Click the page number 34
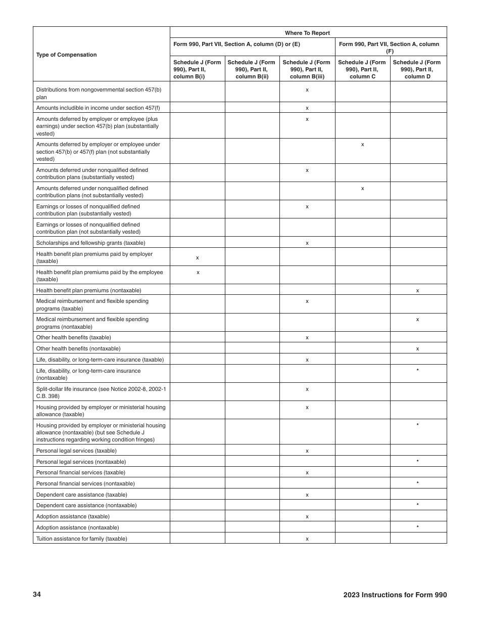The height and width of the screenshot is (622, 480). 37,594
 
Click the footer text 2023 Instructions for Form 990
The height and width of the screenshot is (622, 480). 395,595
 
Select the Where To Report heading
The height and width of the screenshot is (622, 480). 307,33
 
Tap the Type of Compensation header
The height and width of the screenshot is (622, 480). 66,55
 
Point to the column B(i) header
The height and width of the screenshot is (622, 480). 197,69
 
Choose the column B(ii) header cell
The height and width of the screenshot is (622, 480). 252,69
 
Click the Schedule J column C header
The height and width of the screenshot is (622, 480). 362,69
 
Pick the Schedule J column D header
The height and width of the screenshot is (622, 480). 417,69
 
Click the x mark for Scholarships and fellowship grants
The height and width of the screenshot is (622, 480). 307,243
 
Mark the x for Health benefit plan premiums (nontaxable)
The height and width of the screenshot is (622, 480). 417,290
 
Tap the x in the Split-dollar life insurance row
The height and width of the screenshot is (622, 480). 307,389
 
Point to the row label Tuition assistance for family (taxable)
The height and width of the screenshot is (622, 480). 82,539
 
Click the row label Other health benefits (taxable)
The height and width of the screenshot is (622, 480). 74,337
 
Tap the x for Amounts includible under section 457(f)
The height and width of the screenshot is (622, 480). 307,108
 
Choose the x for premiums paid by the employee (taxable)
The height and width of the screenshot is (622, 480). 198,272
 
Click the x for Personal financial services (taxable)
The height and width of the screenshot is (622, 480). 307,472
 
